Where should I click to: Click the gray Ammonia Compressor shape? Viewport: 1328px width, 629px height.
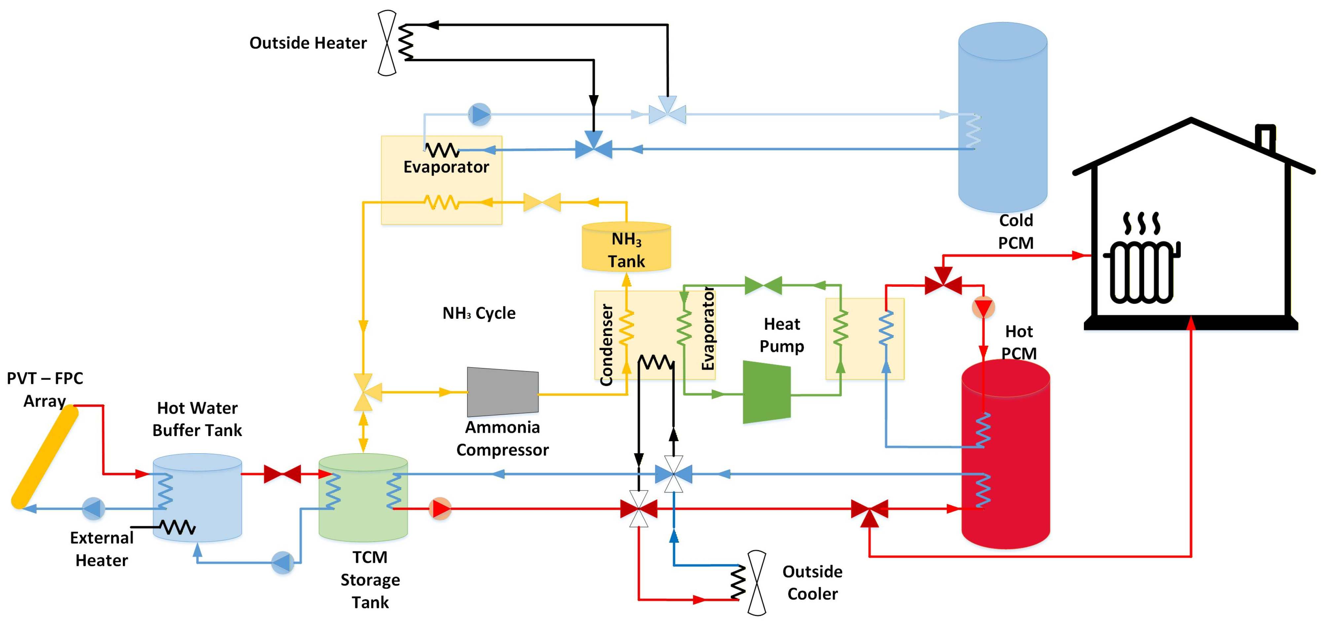503,392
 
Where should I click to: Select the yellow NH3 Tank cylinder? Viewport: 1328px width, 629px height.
627,246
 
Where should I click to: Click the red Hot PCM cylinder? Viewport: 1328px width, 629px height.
1006,454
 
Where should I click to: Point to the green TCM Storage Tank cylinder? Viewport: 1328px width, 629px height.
363,498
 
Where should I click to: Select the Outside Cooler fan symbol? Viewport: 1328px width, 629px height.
757,583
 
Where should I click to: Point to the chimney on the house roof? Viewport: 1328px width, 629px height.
1266,137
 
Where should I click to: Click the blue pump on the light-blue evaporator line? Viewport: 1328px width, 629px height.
480,114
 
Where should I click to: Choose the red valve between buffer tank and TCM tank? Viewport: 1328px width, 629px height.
282,474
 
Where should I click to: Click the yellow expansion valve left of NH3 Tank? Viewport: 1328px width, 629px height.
542,202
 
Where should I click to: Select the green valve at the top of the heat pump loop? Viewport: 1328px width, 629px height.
764,285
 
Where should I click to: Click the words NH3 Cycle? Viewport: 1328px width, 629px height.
479,313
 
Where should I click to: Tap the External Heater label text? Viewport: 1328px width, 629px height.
102,549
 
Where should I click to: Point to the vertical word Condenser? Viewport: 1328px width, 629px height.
606,345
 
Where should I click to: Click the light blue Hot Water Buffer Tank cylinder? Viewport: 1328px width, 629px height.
197,498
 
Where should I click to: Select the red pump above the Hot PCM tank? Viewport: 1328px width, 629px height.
983,308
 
